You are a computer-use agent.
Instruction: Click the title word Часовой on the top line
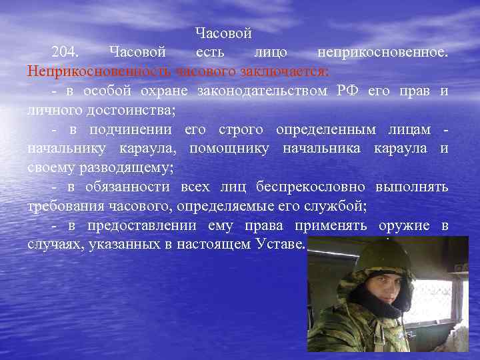[223, 33]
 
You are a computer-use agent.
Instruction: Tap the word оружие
[405, 225]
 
